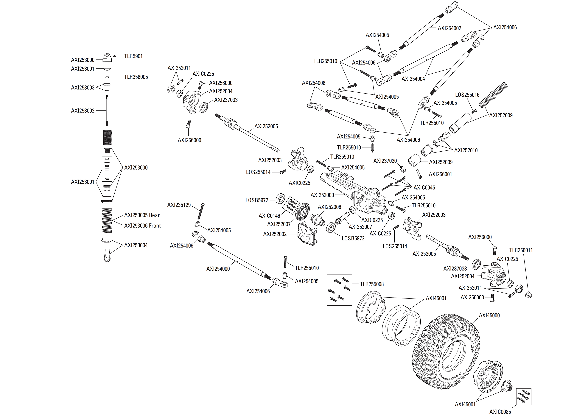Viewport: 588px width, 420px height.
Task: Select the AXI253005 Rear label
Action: point(142,215)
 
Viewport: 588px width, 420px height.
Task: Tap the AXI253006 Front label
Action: point(142,225)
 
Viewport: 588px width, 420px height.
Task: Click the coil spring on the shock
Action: point(107,221)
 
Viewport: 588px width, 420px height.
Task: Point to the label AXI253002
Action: point(83,111)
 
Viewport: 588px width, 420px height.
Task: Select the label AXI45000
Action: point(489,315)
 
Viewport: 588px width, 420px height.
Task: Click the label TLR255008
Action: point(372,284)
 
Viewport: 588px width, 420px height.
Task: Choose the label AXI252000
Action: point(322,195)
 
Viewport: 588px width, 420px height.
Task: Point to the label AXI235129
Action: point(179,205)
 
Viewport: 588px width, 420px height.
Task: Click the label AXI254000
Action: point(218,269)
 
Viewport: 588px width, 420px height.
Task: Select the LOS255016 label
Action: point(467,95)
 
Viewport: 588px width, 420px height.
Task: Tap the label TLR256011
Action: point(521,250)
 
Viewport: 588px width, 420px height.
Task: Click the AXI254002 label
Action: point(449,28)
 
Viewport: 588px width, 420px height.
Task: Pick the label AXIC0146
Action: point(269,216)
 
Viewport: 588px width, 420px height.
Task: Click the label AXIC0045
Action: point(424,187)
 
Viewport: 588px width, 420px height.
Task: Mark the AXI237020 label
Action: point(385,161)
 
